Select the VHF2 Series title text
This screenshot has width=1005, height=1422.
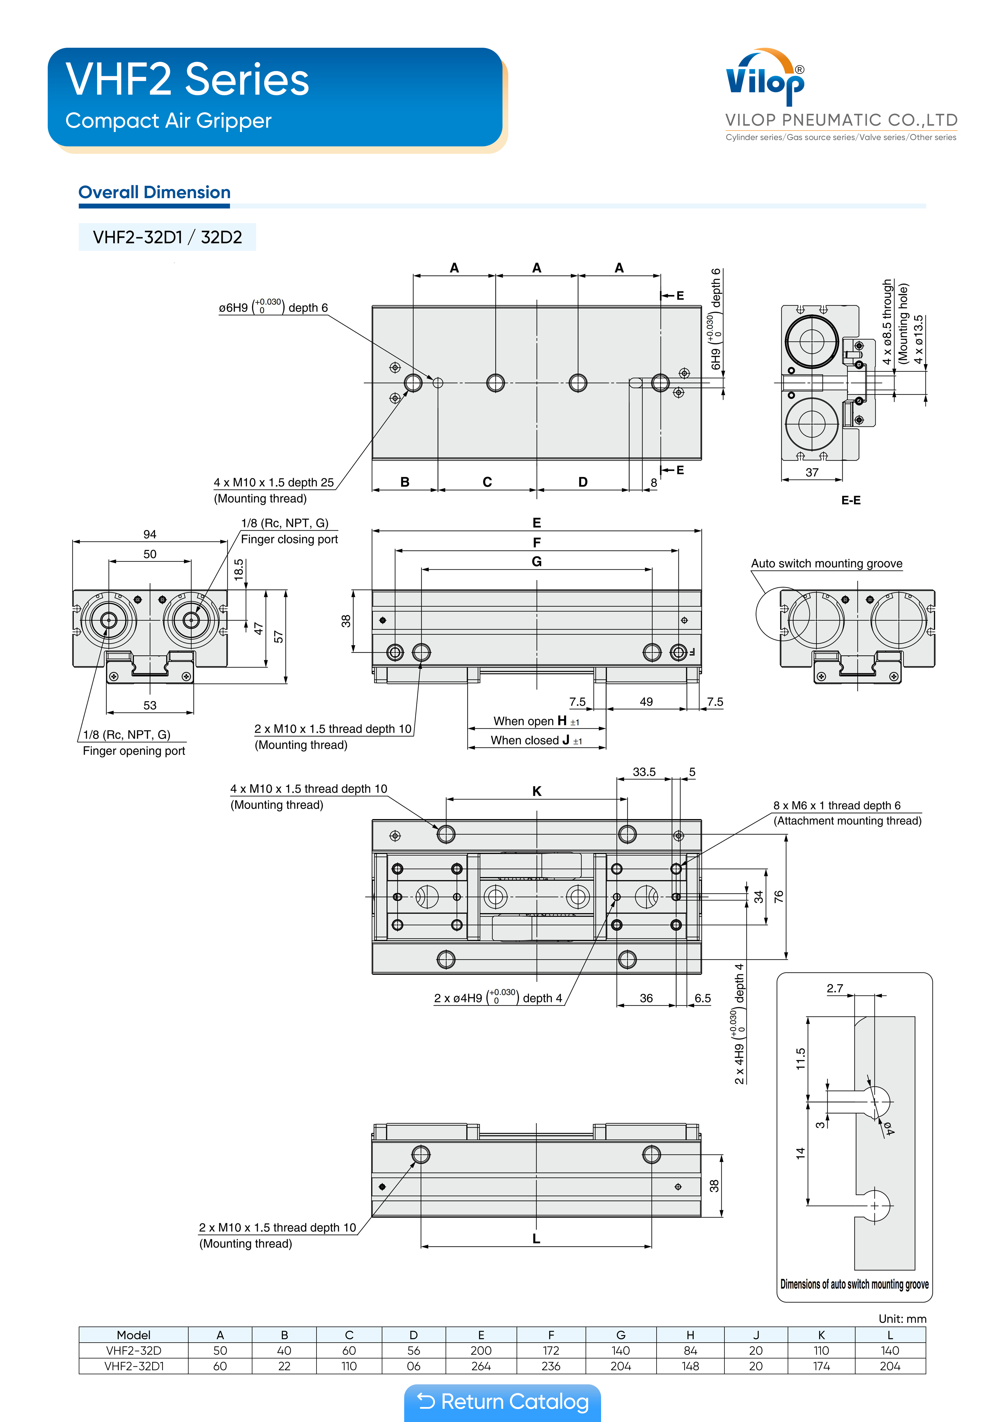[x=187, y=80]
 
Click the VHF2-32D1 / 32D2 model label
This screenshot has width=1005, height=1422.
[x=167, y=237]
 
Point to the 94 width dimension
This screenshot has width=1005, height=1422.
[x=150, y=534]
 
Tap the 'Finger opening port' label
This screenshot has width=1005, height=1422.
[x=134, y=751]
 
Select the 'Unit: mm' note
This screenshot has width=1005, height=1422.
[x=902, y=1318]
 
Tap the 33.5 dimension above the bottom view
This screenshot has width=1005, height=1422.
[x=644, y=772]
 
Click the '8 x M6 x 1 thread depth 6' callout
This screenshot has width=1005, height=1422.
[x=837, y=805]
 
